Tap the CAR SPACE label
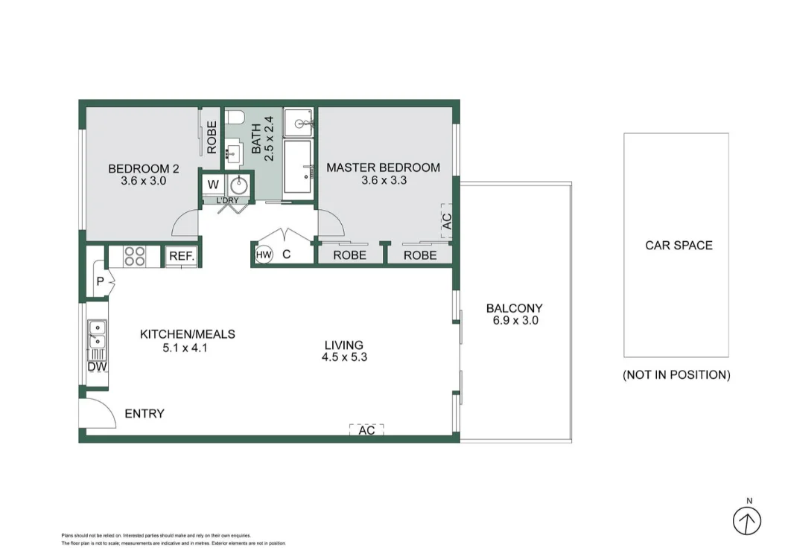coord(679,245)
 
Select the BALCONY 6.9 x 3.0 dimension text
coord(515,321)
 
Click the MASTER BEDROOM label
coord(383,167)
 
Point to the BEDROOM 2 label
coord(143,167)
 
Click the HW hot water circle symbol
coord(263,255)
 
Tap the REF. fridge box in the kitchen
coord(182,256)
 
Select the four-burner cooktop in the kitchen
coord(135,256)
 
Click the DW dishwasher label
coord(97,367)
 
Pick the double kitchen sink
coord(97,334)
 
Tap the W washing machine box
coord(212,184)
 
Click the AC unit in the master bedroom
coord(447,221)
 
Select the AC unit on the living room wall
coord(366,430)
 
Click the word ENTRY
coord(144,414)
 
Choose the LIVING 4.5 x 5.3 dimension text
coord(344,351)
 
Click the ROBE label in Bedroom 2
coord(212,137)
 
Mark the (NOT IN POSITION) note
coord(676,375)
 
